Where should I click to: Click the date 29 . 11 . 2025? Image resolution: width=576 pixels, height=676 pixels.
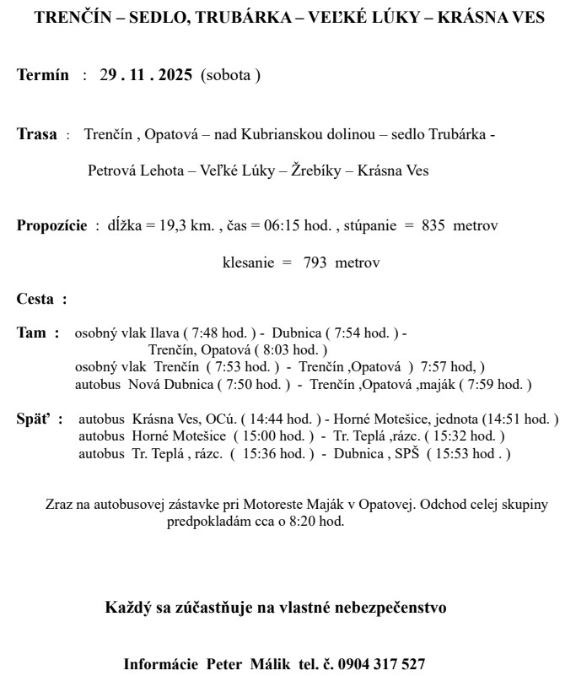tap(146, 75)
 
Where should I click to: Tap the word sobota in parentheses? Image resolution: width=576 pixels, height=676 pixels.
tap(230, 75)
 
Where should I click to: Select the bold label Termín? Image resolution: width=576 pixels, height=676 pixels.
tap(43, 75)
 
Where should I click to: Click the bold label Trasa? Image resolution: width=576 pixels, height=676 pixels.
tap(37, 134)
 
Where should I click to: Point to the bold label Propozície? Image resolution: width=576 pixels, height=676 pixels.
tap(51, 226)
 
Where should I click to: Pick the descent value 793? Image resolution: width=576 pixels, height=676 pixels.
tap(315, 262)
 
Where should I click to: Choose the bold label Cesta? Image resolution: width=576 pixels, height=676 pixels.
tap(36, 299)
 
